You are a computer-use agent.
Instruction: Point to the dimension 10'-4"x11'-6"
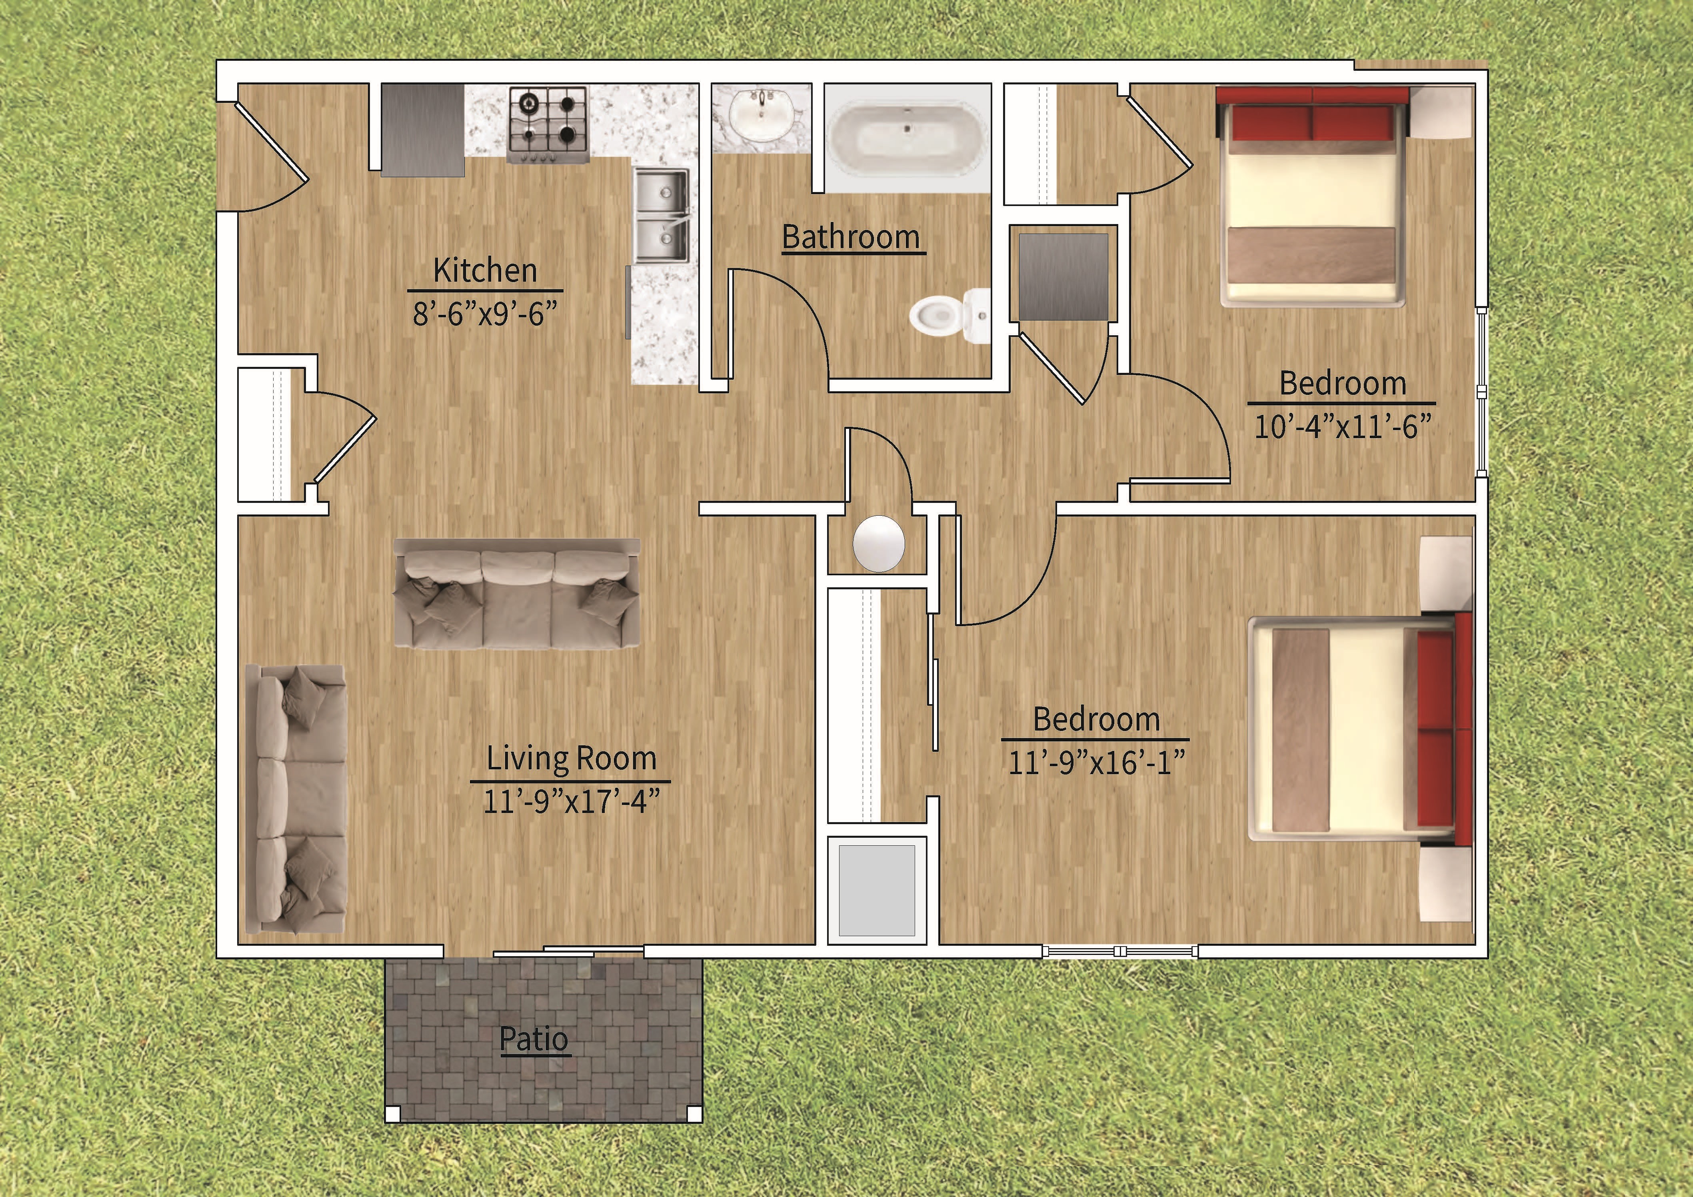point(1342,427)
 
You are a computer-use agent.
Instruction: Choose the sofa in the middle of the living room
point(516,594)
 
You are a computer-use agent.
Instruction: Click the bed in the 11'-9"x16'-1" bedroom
point(1357,729)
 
